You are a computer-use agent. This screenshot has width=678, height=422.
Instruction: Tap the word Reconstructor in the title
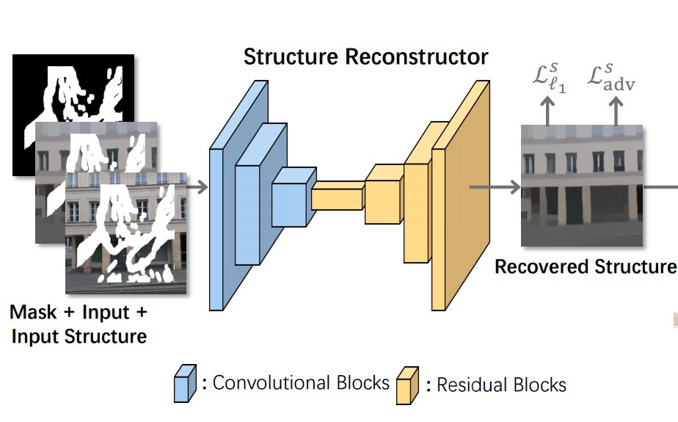[x=418, y=57]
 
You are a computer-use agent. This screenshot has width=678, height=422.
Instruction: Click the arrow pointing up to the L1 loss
[x=547, y=110]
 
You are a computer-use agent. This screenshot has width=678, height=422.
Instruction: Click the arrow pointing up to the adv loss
[x=616, y=110]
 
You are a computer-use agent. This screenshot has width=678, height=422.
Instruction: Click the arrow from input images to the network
[x=197, y=187]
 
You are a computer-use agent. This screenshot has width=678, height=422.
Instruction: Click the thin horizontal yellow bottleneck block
[x=338, y=196]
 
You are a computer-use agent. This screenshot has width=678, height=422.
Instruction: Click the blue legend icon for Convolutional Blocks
[x=184, y=384]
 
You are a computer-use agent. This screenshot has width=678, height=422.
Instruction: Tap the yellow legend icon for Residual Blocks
[x=407, y=384]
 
